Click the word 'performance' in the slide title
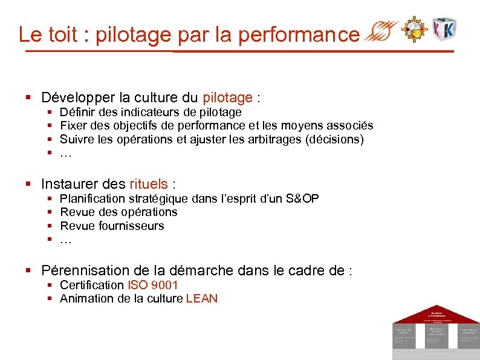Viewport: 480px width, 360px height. click(x=299, y=34)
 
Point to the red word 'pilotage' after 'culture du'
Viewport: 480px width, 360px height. click(x=227, y=97)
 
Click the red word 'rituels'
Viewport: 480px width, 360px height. click(x=149, y=184)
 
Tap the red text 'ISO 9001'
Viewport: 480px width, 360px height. click(x=153, y=285)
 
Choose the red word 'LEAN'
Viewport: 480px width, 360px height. click(x=202, y=298)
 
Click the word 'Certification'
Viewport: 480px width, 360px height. click(x=92, y=285)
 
